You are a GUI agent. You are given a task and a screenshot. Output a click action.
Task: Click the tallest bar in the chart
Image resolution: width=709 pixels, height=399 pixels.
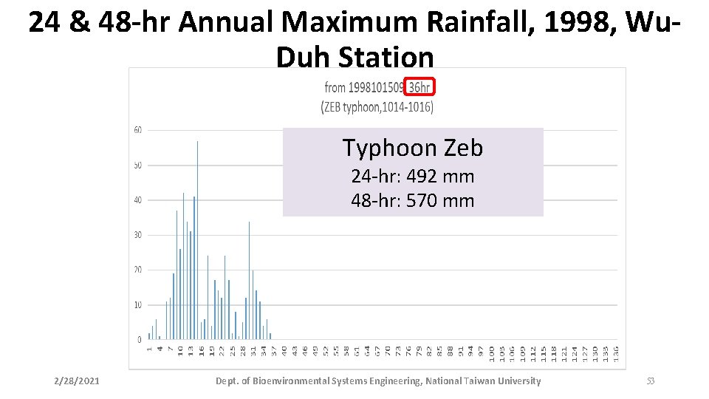click(197, 236)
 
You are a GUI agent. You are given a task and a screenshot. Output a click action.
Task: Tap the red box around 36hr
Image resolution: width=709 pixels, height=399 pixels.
click(419, 87)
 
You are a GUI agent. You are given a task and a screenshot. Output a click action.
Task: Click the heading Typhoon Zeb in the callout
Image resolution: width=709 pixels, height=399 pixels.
click(412, 149)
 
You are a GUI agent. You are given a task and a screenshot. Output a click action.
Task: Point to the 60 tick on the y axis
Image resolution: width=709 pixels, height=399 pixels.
click(138, 130)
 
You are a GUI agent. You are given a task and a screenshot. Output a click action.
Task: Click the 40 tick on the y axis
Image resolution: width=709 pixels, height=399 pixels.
click(138, 200)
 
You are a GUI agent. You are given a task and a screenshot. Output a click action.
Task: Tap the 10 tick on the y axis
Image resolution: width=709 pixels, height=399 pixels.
click(138, 305)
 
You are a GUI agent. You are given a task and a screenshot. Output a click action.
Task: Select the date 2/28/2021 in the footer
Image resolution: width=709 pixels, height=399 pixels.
click(77, 381)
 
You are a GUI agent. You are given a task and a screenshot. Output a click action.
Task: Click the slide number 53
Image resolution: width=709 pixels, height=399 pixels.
click(650, 381)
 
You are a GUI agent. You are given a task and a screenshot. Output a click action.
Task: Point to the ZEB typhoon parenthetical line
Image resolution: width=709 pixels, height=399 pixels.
click(377, 107)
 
